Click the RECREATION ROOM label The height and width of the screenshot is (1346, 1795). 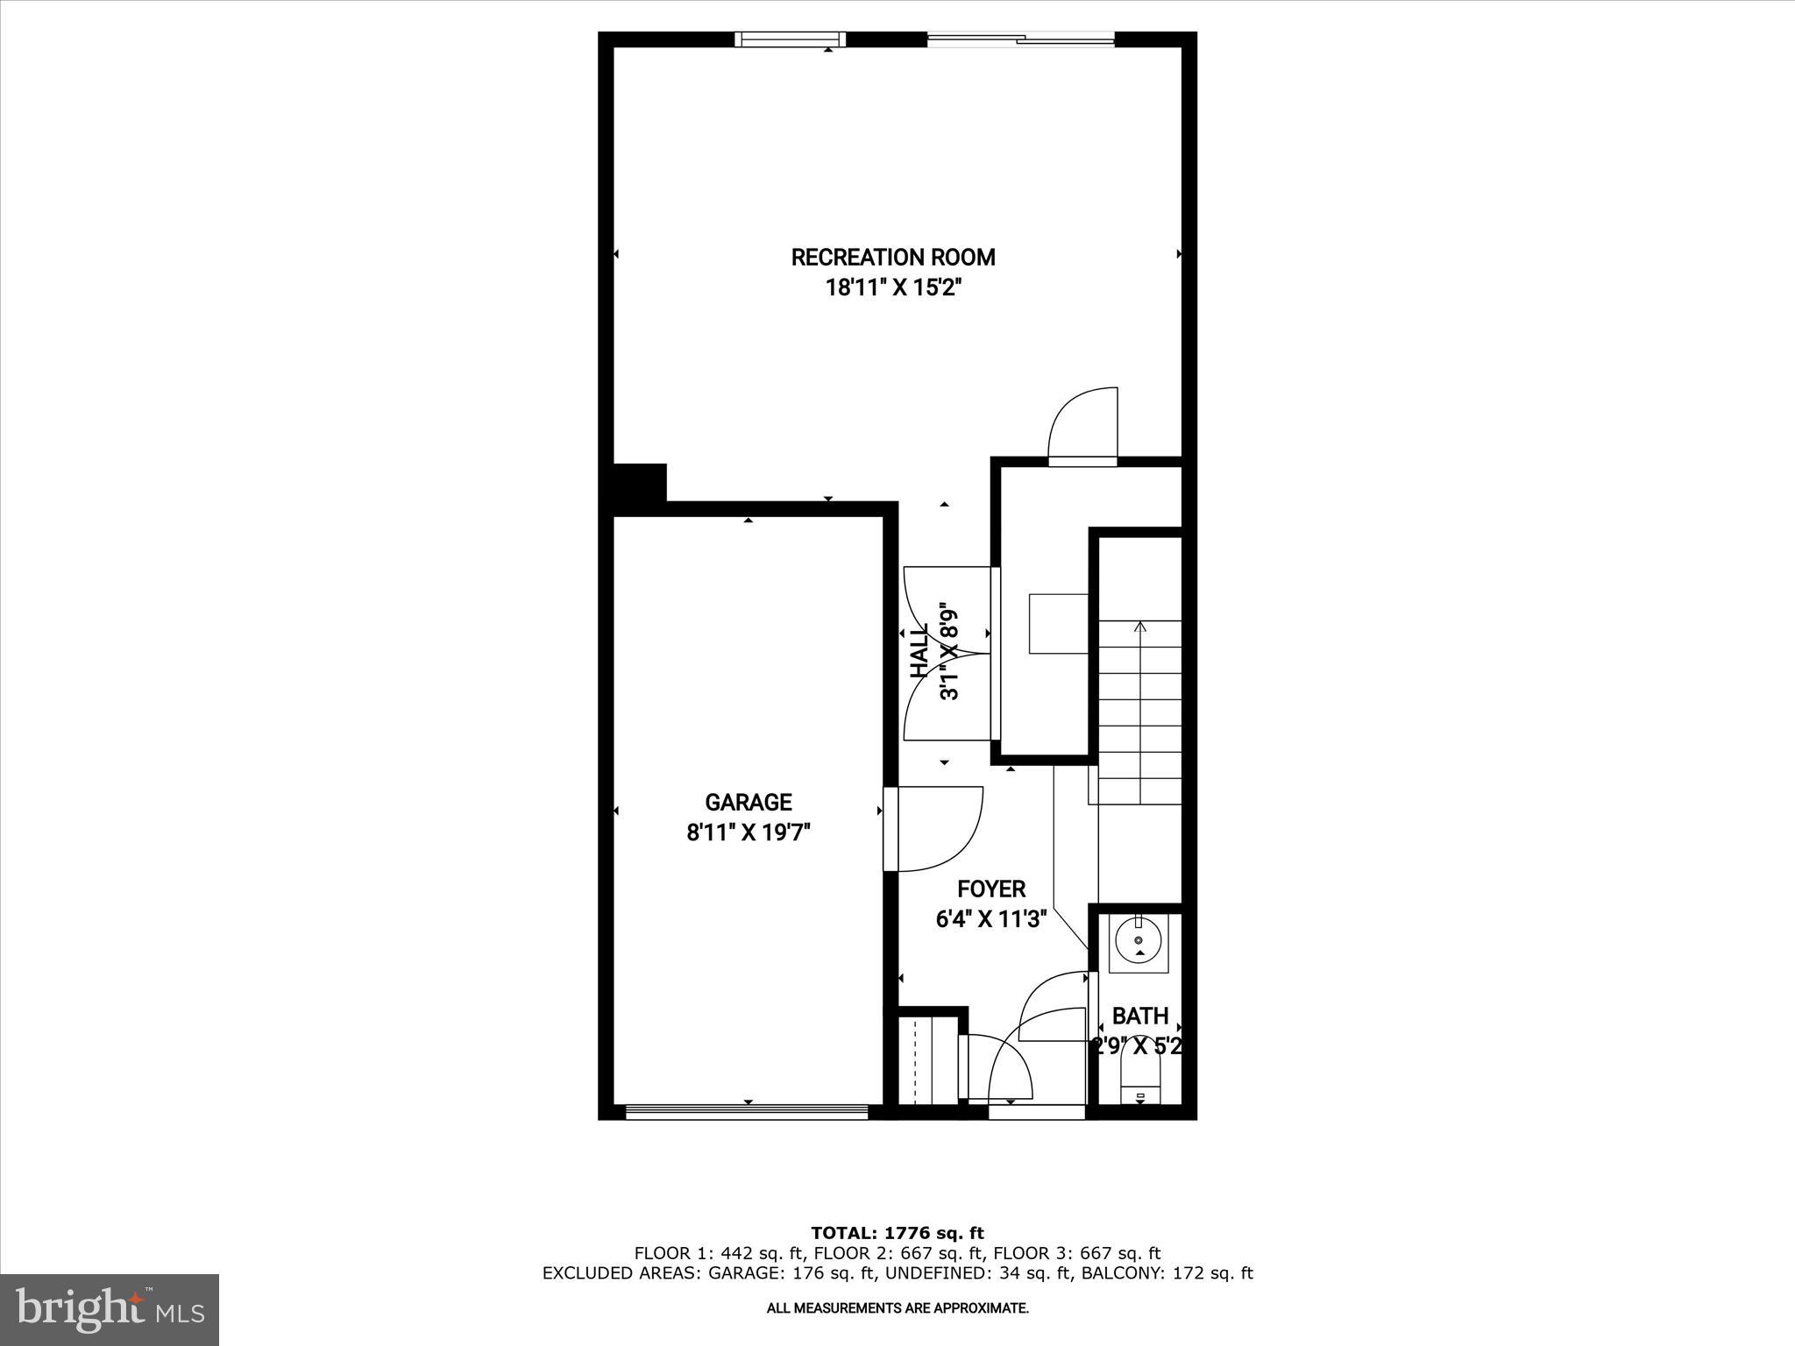893,258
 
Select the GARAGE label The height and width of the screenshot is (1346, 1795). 749,803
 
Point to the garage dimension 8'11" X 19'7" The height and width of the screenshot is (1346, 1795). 749,832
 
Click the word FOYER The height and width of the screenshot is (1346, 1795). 991,889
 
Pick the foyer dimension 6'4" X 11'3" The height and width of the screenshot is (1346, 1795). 991,919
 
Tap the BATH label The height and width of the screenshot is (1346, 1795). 1140,1016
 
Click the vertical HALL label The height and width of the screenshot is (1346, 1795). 919,652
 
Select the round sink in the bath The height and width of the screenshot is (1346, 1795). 1139,942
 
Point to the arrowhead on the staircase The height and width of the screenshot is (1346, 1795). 1139,627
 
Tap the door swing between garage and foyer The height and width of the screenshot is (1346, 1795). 933,829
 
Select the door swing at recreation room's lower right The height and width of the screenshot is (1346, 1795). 1084,425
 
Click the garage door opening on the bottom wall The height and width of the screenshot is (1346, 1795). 747,1112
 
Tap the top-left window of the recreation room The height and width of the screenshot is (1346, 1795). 791,39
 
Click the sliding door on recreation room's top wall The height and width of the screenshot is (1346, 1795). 1021,39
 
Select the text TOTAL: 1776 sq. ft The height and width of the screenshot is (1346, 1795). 897,1233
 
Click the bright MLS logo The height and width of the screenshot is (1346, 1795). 110,1310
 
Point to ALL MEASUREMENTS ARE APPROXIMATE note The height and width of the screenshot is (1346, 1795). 897,1308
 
